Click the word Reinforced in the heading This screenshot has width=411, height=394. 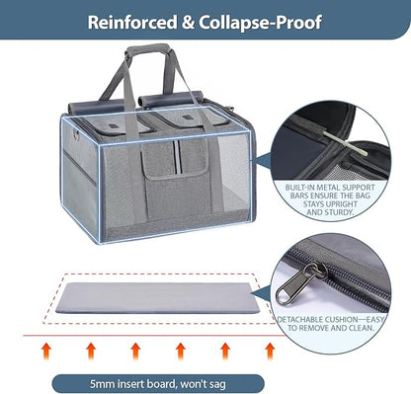(132, 23)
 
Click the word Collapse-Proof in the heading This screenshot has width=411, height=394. (260, 23)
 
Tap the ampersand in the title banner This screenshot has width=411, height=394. (188, 23)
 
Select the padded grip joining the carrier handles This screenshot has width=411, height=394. (148, 50)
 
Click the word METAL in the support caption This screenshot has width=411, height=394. (329, 188)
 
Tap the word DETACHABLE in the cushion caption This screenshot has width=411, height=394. (299, 320)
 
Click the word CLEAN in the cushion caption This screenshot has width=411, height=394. (361, 328)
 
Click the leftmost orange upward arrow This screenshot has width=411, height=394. (46, 351)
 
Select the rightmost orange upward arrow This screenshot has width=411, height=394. (270, 351)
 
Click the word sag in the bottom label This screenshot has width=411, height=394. (217, 385)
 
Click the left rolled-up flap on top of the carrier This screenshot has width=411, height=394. (97, 107)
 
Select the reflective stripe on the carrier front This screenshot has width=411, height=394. (178, 157)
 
